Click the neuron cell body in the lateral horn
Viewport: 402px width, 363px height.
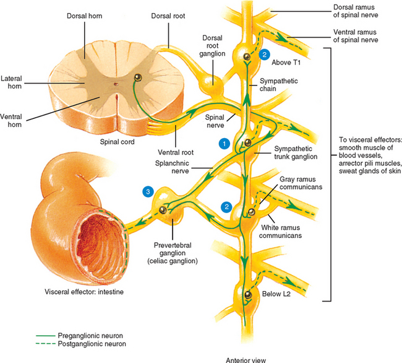click(138, 78)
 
